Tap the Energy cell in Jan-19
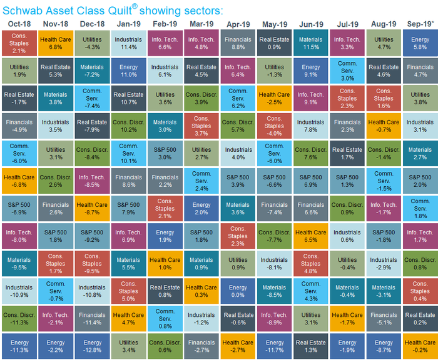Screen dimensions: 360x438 tap(128, 71)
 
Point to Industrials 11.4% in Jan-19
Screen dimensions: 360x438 tap(128, 42)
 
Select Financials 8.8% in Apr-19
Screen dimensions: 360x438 tap(237, 42)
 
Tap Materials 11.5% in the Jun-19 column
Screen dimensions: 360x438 tap(310, 42)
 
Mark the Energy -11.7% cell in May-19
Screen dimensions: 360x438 tap(274, 346)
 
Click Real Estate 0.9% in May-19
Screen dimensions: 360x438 tap(274, 42)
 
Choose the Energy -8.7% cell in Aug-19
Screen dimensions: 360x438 tap(383, 346)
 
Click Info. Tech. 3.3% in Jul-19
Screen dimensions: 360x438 tap(347, 42)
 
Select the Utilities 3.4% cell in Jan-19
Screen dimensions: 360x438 tap(128, 346)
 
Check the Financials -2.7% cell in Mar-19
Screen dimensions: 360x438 tap(201, 346)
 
